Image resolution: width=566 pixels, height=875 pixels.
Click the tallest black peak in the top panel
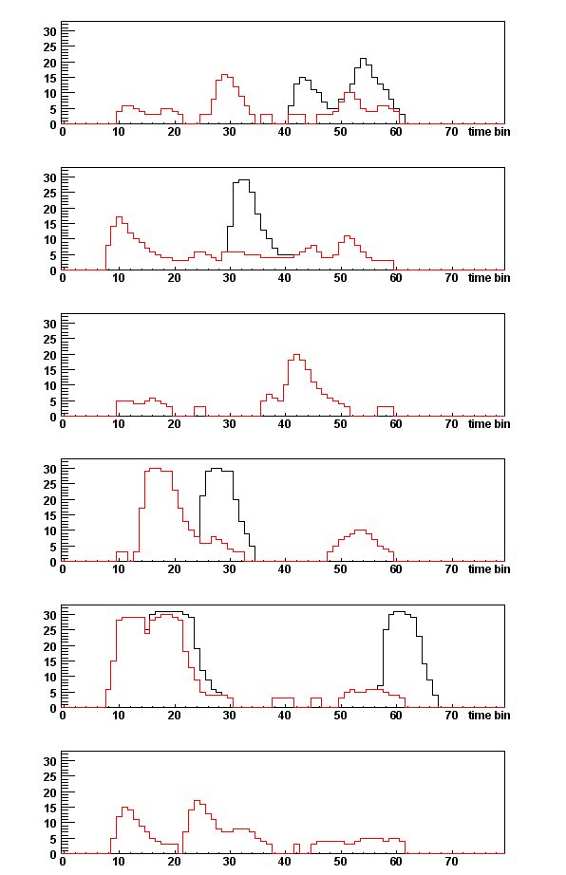364,59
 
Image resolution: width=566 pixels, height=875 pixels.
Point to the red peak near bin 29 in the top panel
224,75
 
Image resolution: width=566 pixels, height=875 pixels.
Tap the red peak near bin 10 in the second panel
119,217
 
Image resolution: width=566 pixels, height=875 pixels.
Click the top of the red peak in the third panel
296,355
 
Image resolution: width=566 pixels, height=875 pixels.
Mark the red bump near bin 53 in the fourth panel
360,531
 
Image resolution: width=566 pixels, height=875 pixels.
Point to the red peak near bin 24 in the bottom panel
197,801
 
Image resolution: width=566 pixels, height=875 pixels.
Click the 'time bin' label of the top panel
489,132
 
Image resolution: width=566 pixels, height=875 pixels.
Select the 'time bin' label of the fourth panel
489,569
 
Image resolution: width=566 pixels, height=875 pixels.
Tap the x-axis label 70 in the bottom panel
451,862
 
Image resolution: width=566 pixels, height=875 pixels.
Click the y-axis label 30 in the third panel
50,324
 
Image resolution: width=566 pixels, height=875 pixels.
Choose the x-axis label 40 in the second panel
285,278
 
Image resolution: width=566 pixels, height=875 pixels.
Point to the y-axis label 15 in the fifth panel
50,661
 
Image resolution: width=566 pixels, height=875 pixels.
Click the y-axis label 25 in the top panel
50,47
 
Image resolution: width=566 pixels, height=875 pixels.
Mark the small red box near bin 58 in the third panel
386,411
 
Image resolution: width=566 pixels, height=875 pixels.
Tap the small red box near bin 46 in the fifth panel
316,702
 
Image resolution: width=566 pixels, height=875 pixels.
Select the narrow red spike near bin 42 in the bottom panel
296,848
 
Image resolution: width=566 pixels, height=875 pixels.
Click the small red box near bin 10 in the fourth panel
122,556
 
